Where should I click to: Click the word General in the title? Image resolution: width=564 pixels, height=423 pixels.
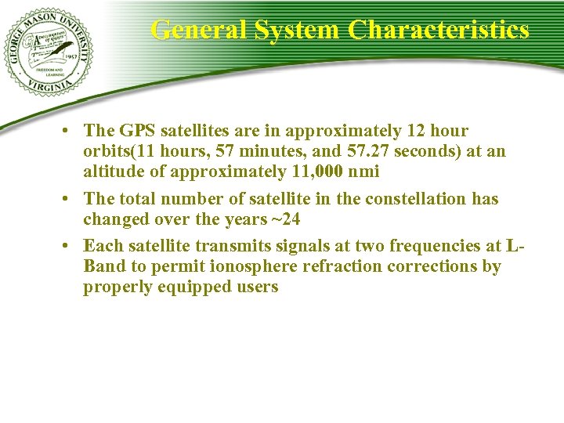198,30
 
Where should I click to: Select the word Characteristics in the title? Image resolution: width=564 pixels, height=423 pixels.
439,30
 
